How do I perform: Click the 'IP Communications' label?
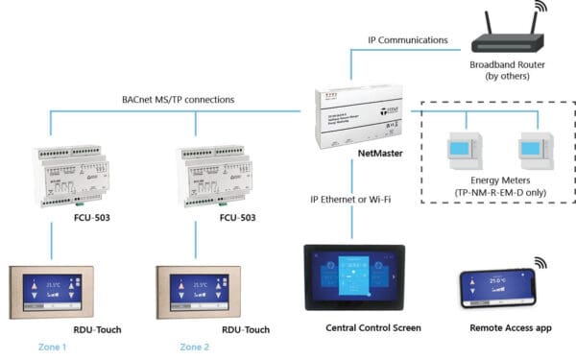pyautogui.click(x=407, y=40)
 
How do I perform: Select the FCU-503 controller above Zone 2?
pyautogui.click(x=217, y=173)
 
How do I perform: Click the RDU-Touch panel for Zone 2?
pyautogui.click(x=198, y=287)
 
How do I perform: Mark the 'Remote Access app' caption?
pyautogui.click(x=509, y=328)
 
